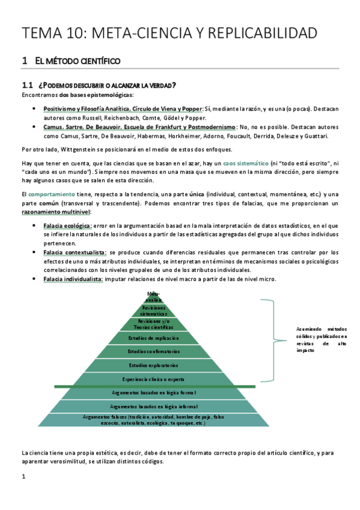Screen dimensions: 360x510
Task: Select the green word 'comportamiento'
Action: [51, 194]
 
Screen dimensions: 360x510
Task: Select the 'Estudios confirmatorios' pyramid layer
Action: [153, 351]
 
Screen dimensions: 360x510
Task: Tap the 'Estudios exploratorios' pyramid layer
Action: [153, 365]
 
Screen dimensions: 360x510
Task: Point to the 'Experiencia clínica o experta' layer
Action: [153, 379]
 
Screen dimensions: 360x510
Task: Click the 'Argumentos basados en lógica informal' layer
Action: [153, 407]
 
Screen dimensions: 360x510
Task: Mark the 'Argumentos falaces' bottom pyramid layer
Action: [153, 420]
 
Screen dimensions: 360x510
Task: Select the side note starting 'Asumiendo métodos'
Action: [322, 339]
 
